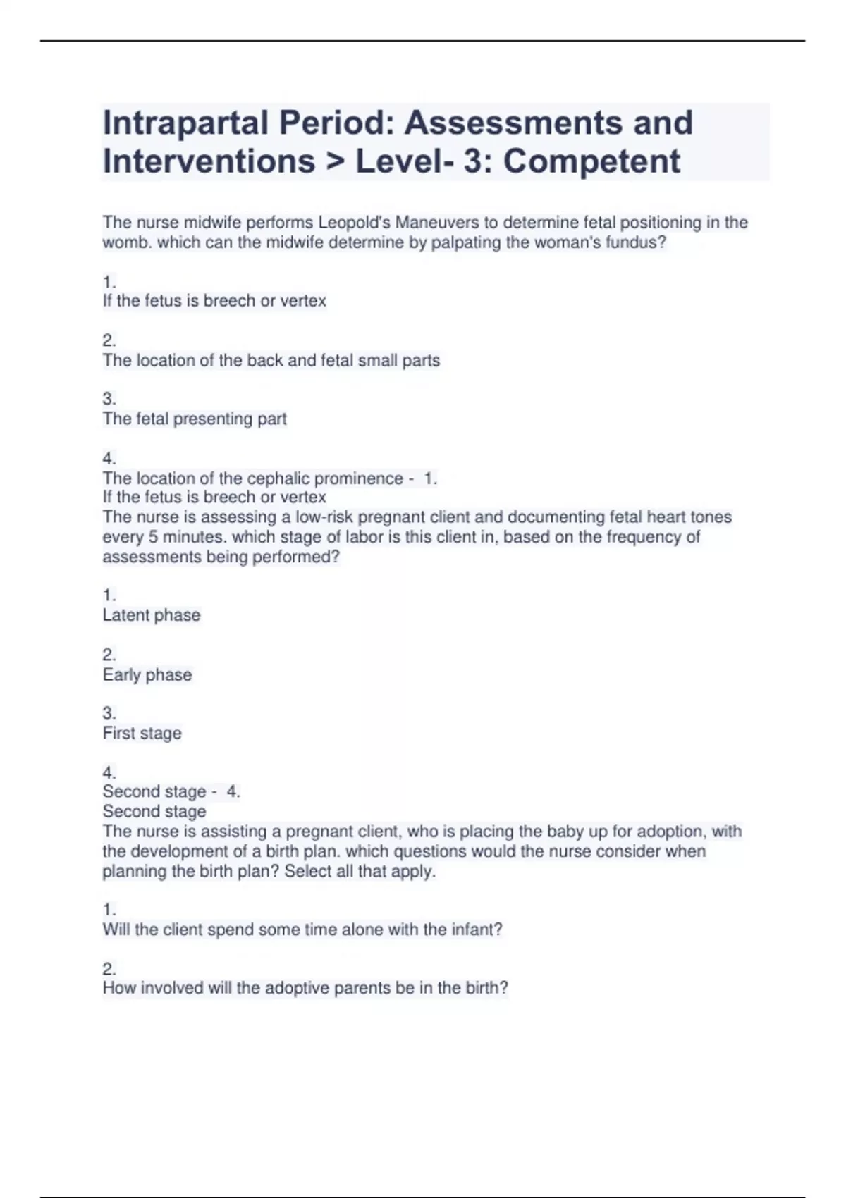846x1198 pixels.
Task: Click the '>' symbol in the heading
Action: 335,161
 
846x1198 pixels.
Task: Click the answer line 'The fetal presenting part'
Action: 195,419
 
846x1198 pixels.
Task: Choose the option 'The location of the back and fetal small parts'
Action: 271,361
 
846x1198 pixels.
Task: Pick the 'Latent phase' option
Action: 152,615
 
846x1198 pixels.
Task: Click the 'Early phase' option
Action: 147,675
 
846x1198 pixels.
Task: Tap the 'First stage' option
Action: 142,734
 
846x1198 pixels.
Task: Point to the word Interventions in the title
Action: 209,161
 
